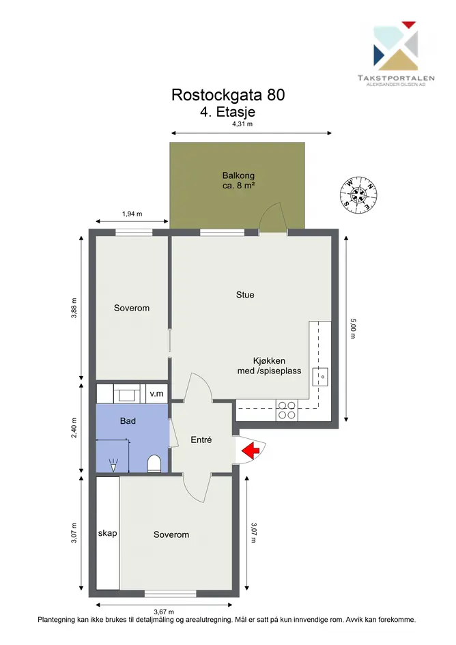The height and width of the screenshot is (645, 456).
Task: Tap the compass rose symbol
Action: pos(359,195)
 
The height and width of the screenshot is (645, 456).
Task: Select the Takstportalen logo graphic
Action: pos(395,46)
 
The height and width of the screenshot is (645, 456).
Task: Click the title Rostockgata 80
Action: pos(228,95)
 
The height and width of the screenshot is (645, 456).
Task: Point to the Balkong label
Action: pos(239,175)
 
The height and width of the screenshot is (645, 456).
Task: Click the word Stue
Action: pos(245,295)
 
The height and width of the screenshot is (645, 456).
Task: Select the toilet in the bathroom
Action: pos(154,463)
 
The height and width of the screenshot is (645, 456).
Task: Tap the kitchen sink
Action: pos(319,376)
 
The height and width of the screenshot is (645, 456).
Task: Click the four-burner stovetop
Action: pos(287,410)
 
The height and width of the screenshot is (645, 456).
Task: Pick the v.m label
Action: pos(156,394)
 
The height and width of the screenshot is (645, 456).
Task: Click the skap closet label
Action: pos(107,534)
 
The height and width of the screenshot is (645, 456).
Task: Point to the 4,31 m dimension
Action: pos(242,124)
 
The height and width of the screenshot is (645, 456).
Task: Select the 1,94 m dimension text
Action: pos(132,214)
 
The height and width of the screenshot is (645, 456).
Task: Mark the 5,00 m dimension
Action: pos(353,329)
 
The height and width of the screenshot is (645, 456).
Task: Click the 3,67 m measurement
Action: pos(164,612)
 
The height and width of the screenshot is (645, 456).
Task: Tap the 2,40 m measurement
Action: pos(74,428)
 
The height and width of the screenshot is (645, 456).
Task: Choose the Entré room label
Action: pos(201,440)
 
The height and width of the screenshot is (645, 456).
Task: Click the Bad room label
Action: pos(128,421)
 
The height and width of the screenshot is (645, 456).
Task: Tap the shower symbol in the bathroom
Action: pos(113,465)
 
